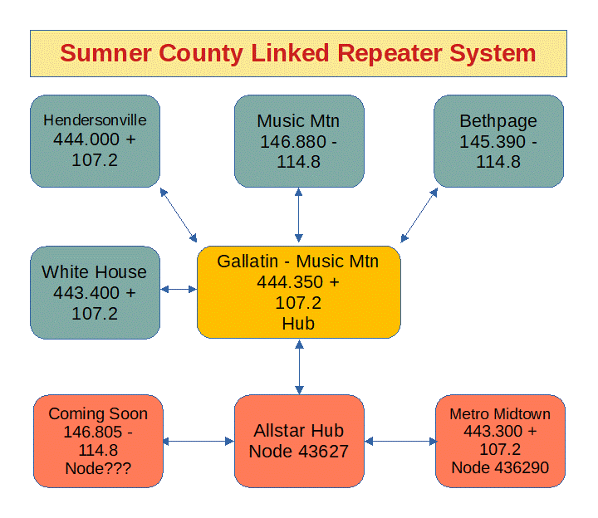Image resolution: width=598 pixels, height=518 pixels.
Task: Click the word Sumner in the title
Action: pos(105,53)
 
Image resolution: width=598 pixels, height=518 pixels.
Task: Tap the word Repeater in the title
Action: pos(390,53)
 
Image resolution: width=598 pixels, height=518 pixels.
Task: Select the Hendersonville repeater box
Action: pos(95,141)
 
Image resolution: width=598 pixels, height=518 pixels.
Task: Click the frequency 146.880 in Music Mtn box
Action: pos(293,142)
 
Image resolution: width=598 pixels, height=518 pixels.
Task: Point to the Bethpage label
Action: pos(498,122)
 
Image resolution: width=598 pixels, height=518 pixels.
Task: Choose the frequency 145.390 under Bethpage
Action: pos(493,142)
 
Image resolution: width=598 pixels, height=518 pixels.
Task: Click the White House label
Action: pos(94,272)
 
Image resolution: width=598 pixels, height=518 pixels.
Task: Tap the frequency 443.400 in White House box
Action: pos(86,293)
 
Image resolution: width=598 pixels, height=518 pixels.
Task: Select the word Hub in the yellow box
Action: pos(298,324)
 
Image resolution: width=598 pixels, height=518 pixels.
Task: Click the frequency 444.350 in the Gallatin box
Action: pos(290,282)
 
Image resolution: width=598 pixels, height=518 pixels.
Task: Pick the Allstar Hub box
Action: pos(299,441)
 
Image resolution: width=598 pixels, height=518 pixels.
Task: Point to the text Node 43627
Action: pos(299,452)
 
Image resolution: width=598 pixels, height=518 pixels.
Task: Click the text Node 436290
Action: pos(500,467)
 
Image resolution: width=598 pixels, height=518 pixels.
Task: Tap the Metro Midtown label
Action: pos(500,414)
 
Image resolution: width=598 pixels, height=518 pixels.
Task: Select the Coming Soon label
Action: pos(98,414)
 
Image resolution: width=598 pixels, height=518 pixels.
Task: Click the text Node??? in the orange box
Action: pos(98,468)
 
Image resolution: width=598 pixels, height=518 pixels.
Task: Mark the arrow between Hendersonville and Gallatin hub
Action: pos(179,215)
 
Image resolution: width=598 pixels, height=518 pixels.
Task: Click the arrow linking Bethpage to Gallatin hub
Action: pos(419,215)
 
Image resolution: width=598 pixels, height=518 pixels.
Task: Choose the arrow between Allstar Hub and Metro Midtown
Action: pos(401,442)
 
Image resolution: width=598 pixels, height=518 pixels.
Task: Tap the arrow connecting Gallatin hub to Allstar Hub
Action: pos(299,367)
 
